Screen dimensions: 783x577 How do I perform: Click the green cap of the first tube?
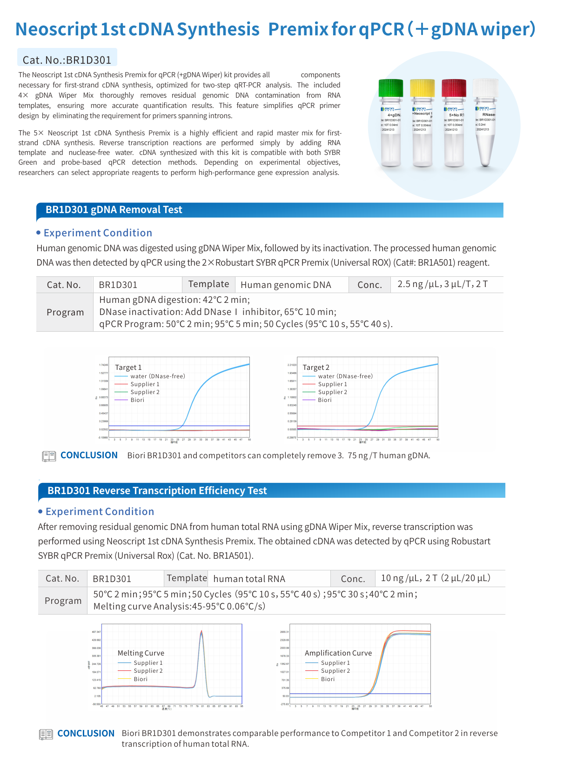tap(390, 88)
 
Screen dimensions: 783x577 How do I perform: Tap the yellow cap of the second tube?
tap(422, 88)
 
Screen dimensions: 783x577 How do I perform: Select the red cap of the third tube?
tap(454, 88)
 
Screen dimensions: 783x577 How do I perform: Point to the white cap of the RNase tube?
tap(485, 88)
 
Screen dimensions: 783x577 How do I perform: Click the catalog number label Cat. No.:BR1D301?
tap(67, 60)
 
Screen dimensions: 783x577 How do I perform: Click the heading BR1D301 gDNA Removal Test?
tap(114, 210)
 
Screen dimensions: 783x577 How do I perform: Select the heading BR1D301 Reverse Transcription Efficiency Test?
tap(157, 491)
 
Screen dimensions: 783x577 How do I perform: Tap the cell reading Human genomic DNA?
tap(286, 285)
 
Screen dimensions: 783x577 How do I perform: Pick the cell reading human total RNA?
tap(249, 579)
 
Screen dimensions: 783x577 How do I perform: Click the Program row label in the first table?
tap(65, 312)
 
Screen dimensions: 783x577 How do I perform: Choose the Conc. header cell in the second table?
tap(353, 579)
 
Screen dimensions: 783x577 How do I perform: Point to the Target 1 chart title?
tap(128, 368)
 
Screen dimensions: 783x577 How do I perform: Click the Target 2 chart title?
tap(315, 368)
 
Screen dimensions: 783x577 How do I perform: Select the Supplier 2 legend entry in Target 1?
tap(145, 392)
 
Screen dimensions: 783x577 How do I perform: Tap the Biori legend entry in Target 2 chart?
tap(325, 400)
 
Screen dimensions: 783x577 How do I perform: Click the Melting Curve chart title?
tap(141, 653)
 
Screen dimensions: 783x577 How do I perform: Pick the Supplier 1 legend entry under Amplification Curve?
tap(335, 663)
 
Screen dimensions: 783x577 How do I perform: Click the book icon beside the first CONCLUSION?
tap(49, 456)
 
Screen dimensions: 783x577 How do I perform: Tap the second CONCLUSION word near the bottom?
tap(86, 734)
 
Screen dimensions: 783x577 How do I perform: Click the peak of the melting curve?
tap(201, 632)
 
